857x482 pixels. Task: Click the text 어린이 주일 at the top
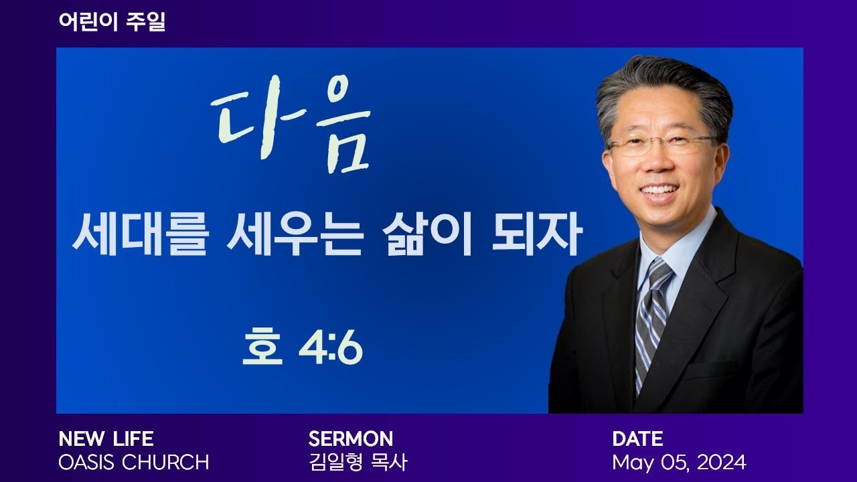(112, 22)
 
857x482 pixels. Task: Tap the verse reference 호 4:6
(302, 348)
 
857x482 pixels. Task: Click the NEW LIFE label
(106, 438)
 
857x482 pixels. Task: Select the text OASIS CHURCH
(134, 463)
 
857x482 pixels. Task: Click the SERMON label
(350, 438)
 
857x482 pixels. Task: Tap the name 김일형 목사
(358, 463)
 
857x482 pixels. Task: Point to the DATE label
(637, 438)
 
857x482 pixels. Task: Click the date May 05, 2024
(678, 463)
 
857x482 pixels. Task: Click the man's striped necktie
(651, 315)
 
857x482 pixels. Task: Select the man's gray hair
(663, 87)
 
